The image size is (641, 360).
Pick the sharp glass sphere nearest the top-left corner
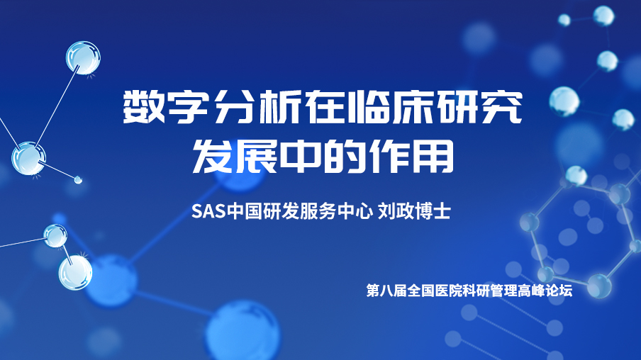click(83, 57)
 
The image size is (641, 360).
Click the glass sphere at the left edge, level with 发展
click(28, 159)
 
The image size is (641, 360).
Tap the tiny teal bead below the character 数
click(78, 179)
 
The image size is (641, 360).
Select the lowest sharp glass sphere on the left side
click(75, 273)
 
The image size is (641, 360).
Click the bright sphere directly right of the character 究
click(564, 101)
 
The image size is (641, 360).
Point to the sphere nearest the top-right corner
click(603, 16)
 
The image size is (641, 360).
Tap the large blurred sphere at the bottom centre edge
click(243, 331)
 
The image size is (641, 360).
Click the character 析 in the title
click(278, 107)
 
